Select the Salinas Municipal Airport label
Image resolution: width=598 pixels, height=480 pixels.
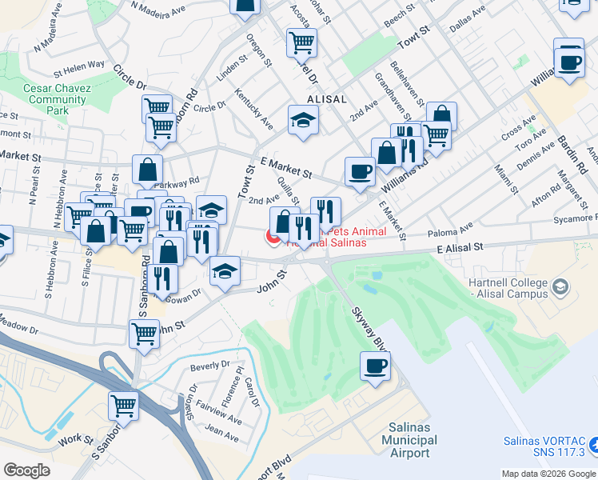click(x=409, y=440)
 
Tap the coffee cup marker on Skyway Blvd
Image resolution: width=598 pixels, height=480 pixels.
click(x=374, y=367)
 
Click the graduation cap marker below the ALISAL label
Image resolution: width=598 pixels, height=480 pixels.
click(x=303, y=121)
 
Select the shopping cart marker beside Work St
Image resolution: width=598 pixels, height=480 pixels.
click(x=123, y=406)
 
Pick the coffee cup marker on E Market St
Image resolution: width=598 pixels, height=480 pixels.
click(x=359, y=170)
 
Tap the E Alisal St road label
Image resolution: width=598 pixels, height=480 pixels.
click(x=461, y=249)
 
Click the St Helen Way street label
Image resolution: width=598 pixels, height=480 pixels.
click(x=79, y=65)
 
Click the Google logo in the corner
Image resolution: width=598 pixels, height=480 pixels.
click(x=26, y=470)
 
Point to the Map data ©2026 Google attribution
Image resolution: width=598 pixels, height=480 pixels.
click(x=548, y=474)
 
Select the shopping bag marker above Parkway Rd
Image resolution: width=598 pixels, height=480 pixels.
click(x=148, y=170)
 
